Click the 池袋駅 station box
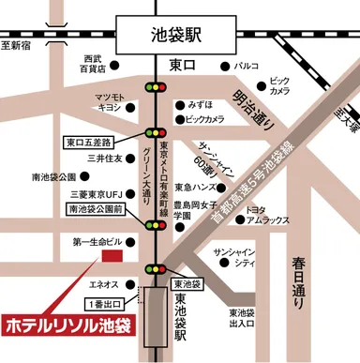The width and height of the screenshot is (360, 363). coord(177,38)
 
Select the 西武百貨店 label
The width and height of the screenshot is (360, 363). coord(93,64)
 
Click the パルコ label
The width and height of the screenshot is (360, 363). coord(247,68)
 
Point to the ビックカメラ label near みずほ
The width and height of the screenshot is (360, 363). coord(204,120)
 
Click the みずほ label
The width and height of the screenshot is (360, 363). coord(201,104)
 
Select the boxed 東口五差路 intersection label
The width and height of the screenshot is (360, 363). coord(87,144)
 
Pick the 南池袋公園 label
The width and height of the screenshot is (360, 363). coord(52,176)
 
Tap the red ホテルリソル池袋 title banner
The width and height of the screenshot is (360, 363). coord(67,327)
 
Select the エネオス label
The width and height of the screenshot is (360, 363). coord(103,284)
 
